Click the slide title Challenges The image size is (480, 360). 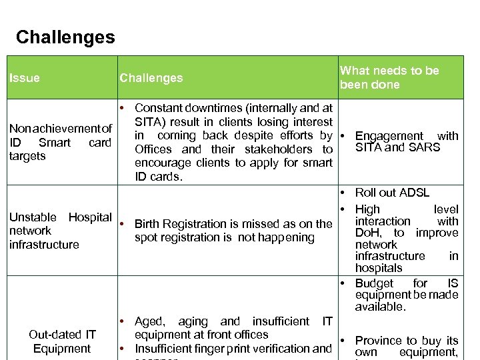(65, 37)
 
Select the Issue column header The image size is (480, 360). (25, 78)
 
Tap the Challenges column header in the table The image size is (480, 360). (151, 78)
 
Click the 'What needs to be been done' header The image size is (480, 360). (389, 77)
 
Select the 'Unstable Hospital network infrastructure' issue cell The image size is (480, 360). (60, 231)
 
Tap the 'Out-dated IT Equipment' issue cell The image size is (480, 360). (62, 341)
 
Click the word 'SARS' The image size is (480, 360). (425, 147)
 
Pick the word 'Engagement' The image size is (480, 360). (389, 136)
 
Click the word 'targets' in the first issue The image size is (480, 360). (27, 156)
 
